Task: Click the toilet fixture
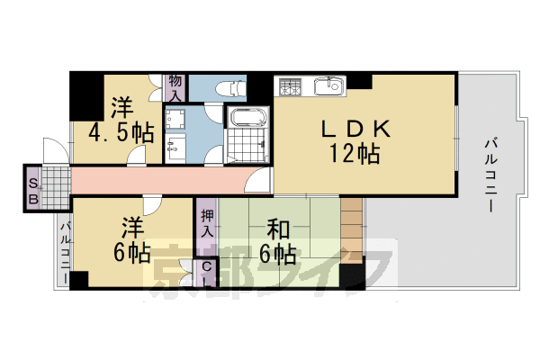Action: pyautogui.click(x=232, y=89)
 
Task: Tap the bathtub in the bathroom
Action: pyautogui.click(x=245, y=118)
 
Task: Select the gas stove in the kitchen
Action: pyautogui.click(x=292, y=87)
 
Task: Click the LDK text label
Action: pyautogui.click(x=355, y=130)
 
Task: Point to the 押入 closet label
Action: pyautogui.click(x=206, y=224)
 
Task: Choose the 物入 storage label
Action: pyautogui.click(x=175, y=86)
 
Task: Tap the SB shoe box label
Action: pyautogui.click(x=32, y=187)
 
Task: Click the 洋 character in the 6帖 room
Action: pyautogui.click(x=131, y=224)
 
